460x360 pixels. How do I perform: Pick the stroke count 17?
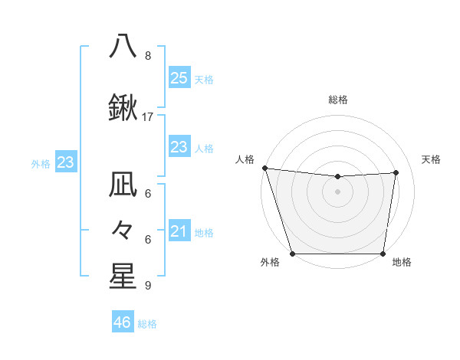pos(148,117)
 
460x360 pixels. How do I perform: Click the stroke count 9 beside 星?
pos(147,286)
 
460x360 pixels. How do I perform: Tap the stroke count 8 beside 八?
pos(147,55)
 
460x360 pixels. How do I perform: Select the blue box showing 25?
pos(179,78)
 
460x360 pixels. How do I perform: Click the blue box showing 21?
pos(179,231)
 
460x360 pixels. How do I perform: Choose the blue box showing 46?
pos(123,322)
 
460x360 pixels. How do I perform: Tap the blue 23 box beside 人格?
pos(179,147)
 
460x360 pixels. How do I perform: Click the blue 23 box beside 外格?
pos(65,162)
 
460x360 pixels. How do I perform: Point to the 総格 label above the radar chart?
pos(338,100)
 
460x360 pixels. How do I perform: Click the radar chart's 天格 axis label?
pos(431,159)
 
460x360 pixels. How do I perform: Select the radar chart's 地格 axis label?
pos(402,263)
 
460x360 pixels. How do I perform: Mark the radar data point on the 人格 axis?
pos(264,168)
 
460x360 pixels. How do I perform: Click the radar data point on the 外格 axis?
pos(292,254)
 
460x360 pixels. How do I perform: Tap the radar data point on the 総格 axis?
pos(338,177)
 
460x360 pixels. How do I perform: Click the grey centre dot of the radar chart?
pos(338,191)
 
